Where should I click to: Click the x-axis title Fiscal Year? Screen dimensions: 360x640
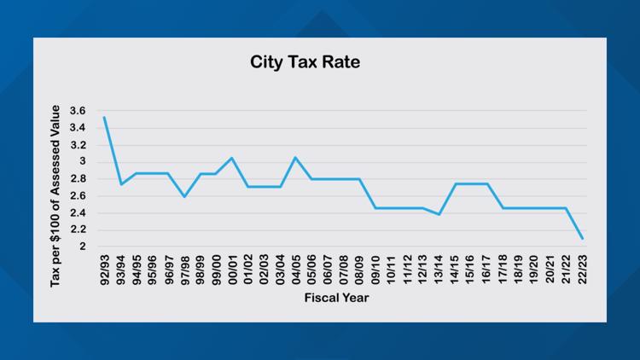tap(339, 299)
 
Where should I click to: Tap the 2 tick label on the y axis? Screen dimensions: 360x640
tap(82, 247)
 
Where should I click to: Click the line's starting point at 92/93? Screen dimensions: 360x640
tap(104, 118)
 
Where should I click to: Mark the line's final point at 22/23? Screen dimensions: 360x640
tap(583, 239)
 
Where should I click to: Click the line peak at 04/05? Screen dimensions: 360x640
tap(295, 157)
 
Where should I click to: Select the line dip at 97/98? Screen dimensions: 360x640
tap(184, 197)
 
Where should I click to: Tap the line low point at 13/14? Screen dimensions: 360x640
tap(439, 214)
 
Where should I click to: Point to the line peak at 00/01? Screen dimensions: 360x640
tap(232, 158)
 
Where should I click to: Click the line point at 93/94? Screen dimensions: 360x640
tap(120, 184)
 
